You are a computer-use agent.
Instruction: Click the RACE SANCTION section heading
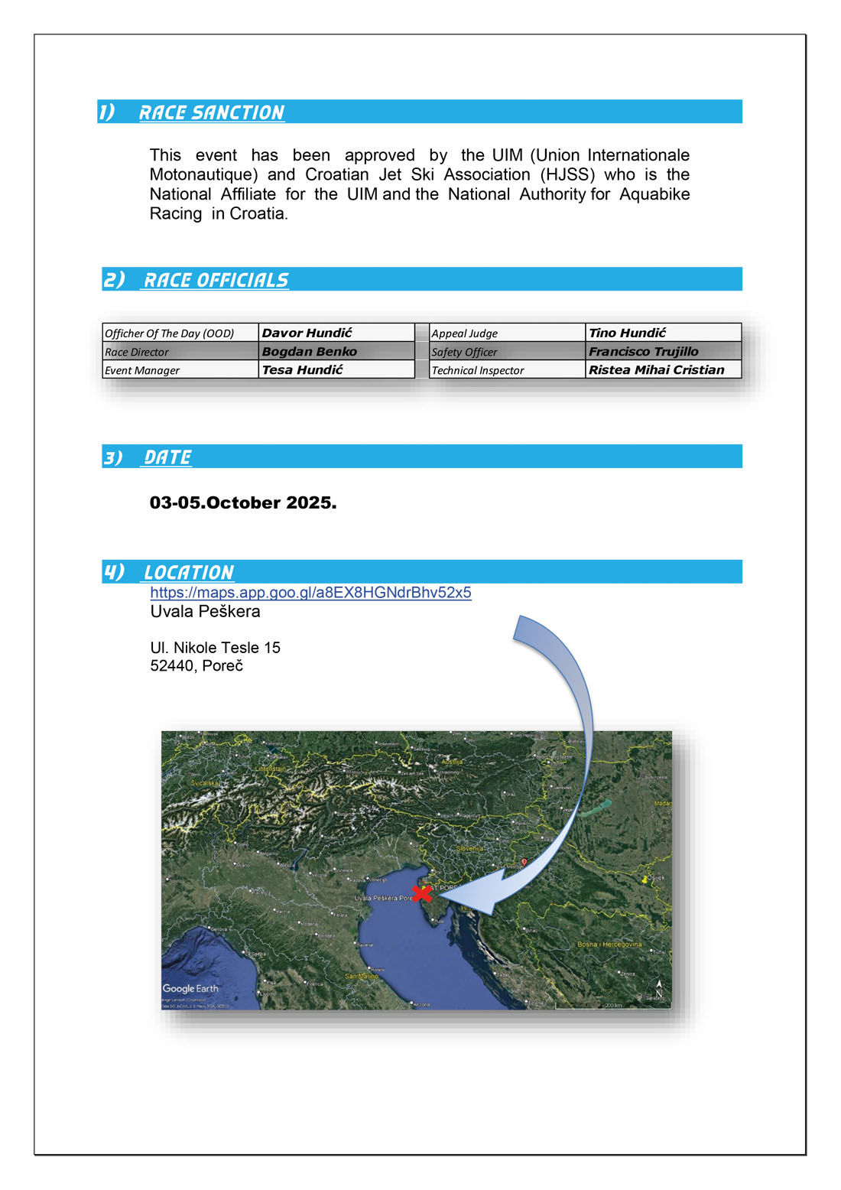(211, 112)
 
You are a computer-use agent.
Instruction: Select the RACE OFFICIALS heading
(216, 280)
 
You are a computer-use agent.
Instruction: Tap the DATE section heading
(167, 457)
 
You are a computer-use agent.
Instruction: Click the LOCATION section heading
(188, 572)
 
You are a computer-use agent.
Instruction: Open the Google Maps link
(310, 593)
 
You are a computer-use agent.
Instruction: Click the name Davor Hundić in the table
(307, 333)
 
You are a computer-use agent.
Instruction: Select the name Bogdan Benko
(309, 352)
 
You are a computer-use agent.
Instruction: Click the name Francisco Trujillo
(643, 352)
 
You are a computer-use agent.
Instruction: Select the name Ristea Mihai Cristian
(656, 370)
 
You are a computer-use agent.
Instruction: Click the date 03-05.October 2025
(243, 502)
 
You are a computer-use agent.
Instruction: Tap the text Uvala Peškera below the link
(205, 612)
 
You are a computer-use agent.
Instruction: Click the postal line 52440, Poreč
(196, 666)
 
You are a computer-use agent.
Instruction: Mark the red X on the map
(421, 893)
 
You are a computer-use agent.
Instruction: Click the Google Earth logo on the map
(190, 989)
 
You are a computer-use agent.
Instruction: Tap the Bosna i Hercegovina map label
(609, 945)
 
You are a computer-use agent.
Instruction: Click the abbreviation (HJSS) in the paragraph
(567, 175)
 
